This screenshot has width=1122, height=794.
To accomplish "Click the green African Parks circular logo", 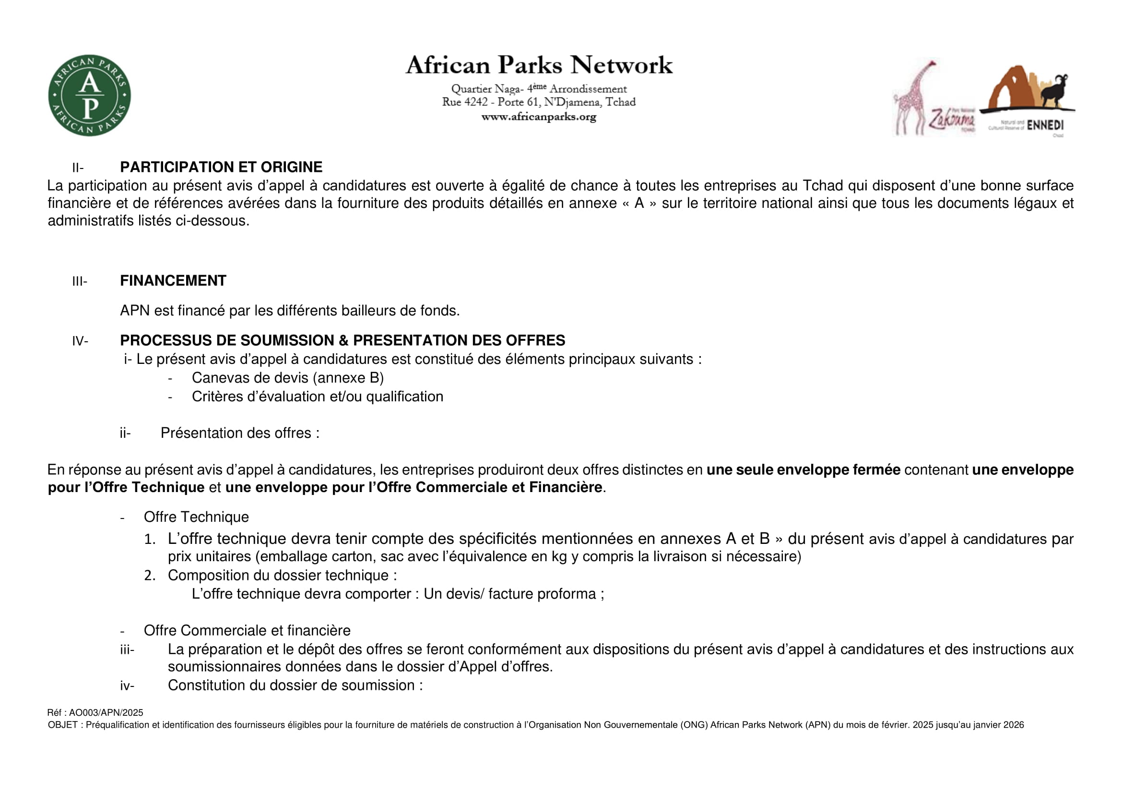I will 89,96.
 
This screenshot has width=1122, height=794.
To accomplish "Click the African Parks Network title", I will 539,65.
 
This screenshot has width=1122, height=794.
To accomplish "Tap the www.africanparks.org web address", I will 539,117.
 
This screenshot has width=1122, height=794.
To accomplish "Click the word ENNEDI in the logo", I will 1045,125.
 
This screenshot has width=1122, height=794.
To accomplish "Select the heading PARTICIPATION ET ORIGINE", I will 221,167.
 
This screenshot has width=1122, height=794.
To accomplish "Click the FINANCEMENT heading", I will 173,281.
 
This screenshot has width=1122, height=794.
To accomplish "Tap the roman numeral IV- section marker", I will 80,341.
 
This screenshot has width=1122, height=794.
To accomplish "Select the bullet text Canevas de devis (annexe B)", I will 287,378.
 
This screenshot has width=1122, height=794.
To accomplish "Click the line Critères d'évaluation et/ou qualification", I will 317,397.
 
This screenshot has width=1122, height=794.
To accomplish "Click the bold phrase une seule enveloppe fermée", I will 803,470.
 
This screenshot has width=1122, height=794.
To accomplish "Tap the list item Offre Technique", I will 196,517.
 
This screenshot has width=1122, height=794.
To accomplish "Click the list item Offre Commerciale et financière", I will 247,630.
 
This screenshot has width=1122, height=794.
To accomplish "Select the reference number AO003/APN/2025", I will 106,713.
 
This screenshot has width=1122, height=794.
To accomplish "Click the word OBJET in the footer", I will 62,725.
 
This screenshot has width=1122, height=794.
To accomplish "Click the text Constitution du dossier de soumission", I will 295,686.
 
